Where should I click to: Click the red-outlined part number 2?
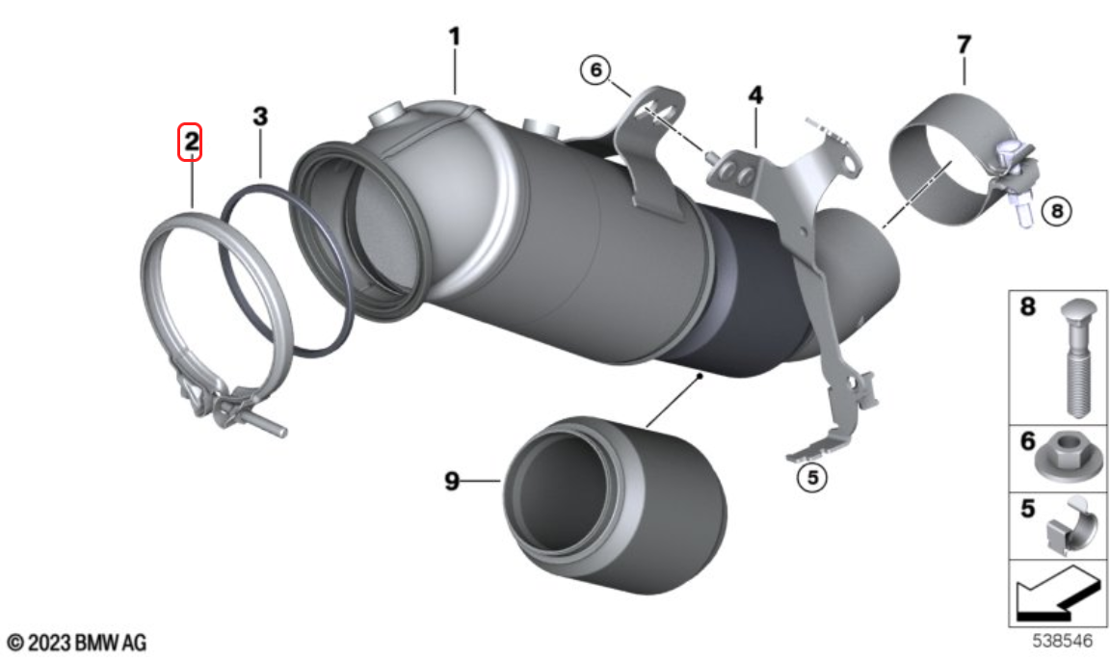pyautogui.click(x=190, y=142)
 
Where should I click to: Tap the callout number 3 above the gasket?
pyautogui.click(x=260, y=116)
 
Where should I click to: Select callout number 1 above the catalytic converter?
pyautogui.click(x=455, y=36)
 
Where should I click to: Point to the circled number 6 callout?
pyautogui.click(x=595, y=69)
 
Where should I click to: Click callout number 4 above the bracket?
pyautogui.click(x=756, y=94)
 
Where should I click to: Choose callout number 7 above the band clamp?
pyautogui.click(x=964, y=44)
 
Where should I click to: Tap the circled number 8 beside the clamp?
pyautogui.click(x=1057, y=210)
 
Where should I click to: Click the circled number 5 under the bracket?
pyautogui.click(x=812, y=478)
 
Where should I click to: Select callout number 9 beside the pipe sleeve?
pyautogui.click(x=452, y=481)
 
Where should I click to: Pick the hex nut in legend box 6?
pyautogui.click(x=1069, y=458)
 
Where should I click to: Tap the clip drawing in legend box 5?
pyautogui.click(x=1072, y=526)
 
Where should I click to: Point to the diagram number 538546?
pyautogui.click(x=1062, y=641)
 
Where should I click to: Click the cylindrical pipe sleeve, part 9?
pyautogui.click(x=615, y=504)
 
